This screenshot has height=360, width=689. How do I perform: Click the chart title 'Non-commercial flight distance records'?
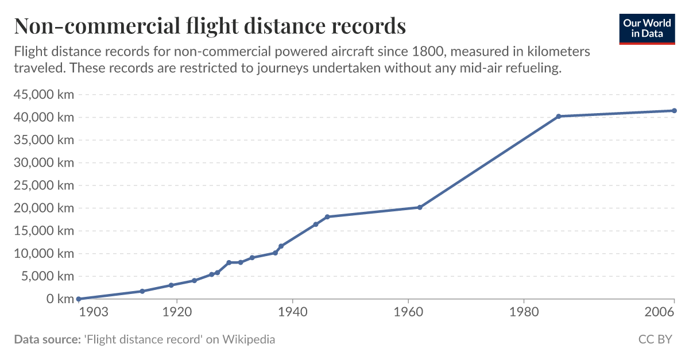[210, 26]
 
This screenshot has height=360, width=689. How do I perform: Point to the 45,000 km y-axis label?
[44, 95]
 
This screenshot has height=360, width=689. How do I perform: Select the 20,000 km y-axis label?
[44, 208]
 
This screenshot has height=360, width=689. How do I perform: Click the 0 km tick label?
[60, 299]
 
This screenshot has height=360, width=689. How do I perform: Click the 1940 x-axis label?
[293, 313]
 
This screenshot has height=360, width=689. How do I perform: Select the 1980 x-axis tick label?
[524, 313]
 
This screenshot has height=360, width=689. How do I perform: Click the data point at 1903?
[79, 299]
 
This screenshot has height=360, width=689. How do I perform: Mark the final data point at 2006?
[674, 110]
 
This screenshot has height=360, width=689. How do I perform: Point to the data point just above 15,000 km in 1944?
[316, 224]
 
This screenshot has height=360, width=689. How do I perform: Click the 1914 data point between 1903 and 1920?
[142, 291]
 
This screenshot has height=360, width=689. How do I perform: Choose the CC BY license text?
[655, 339]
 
